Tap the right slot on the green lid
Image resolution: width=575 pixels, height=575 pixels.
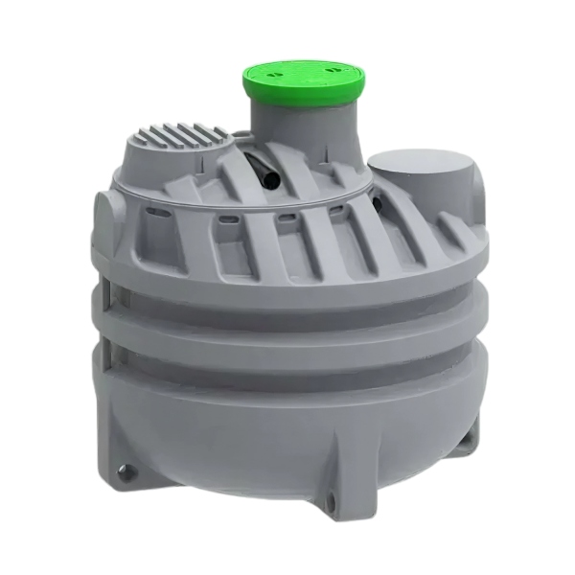pyautogui.click(x=330, y=68)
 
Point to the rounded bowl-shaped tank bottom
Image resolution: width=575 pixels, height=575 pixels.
pyautogui.click(x=287, y=431)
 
